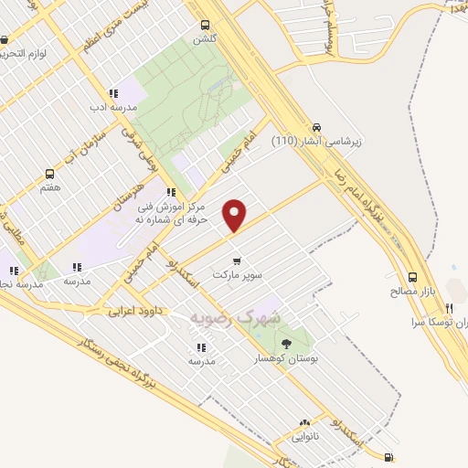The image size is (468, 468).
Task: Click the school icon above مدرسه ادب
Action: (x=113, y=93)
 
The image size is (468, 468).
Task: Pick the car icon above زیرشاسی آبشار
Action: (x=316, y=127)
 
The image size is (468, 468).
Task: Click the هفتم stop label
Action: (x=50, y=187)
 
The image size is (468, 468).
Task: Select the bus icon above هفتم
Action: (x=50, y=173)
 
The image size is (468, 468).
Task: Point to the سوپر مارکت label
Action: (x=237, y=273)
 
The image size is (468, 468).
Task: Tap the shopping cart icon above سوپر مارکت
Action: (x=238, y=260)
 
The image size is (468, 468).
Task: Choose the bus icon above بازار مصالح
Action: (x=412, y=277)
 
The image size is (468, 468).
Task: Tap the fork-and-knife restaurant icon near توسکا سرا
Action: (x=448, y=308)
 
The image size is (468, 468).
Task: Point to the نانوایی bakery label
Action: (x=306, y=437)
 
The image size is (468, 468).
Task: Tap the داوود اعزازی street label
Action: (x=133, y=311)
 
